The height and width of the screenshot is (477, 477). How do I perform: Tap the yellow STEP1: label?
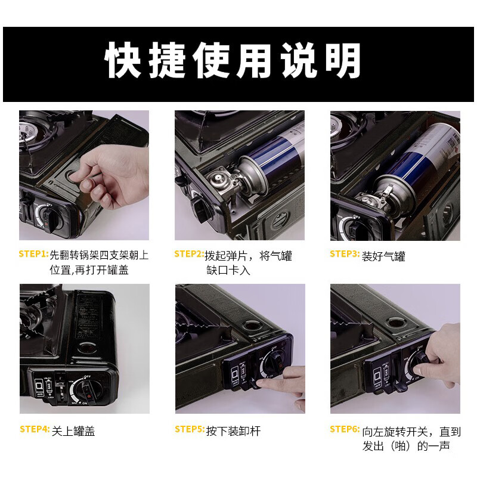pos(33,254)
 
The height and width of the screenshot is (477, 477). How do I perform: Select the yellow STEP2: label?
pos(189,254)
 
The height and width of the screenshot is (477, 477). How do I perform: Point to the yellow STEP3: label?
pos(345,254)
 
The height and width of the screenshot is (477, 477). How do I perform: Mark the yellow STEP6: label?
pos(345,429)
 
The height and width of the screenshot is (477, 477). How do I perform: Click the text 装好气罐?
pos(383,257)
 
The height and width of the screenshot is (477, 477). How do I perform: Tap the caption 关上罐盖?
pos(73,431)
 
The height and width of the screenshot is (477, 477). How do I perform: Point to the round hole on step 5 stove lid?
pos(246,326)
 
